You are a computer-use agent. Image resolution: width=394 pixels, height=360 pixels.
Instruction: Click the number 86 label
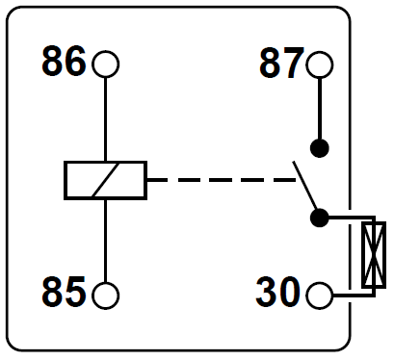(65, 64)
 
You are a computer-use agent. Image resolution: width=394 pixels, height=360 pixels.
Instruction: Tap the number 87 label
(281, 64)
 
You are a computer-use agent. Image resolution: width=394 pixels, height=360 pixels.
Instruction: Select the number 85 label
(65, 291)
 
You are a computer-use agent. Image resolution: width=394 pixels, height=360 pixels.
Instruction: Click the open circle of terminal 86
(105, 64)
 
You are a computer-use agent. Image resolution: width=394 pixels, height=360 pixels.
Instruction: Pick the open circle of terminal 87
(320, 65)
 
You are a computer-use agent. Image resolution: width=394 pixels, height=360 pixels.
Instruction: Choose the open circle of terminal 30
(320, 293)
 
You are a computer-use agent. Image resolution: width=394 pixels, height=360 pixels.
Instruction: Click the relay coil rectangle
(105, 180)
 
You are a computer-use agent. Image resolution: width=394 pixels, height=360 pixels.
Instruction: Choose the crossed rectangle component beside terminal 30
(372, 254)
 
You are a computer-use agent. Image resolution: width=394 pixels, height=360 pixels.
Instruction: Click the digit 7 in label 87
(293, 64)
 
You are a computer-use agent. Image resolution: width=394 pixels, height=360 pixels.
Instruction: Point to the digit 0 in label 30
(293, 292)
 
